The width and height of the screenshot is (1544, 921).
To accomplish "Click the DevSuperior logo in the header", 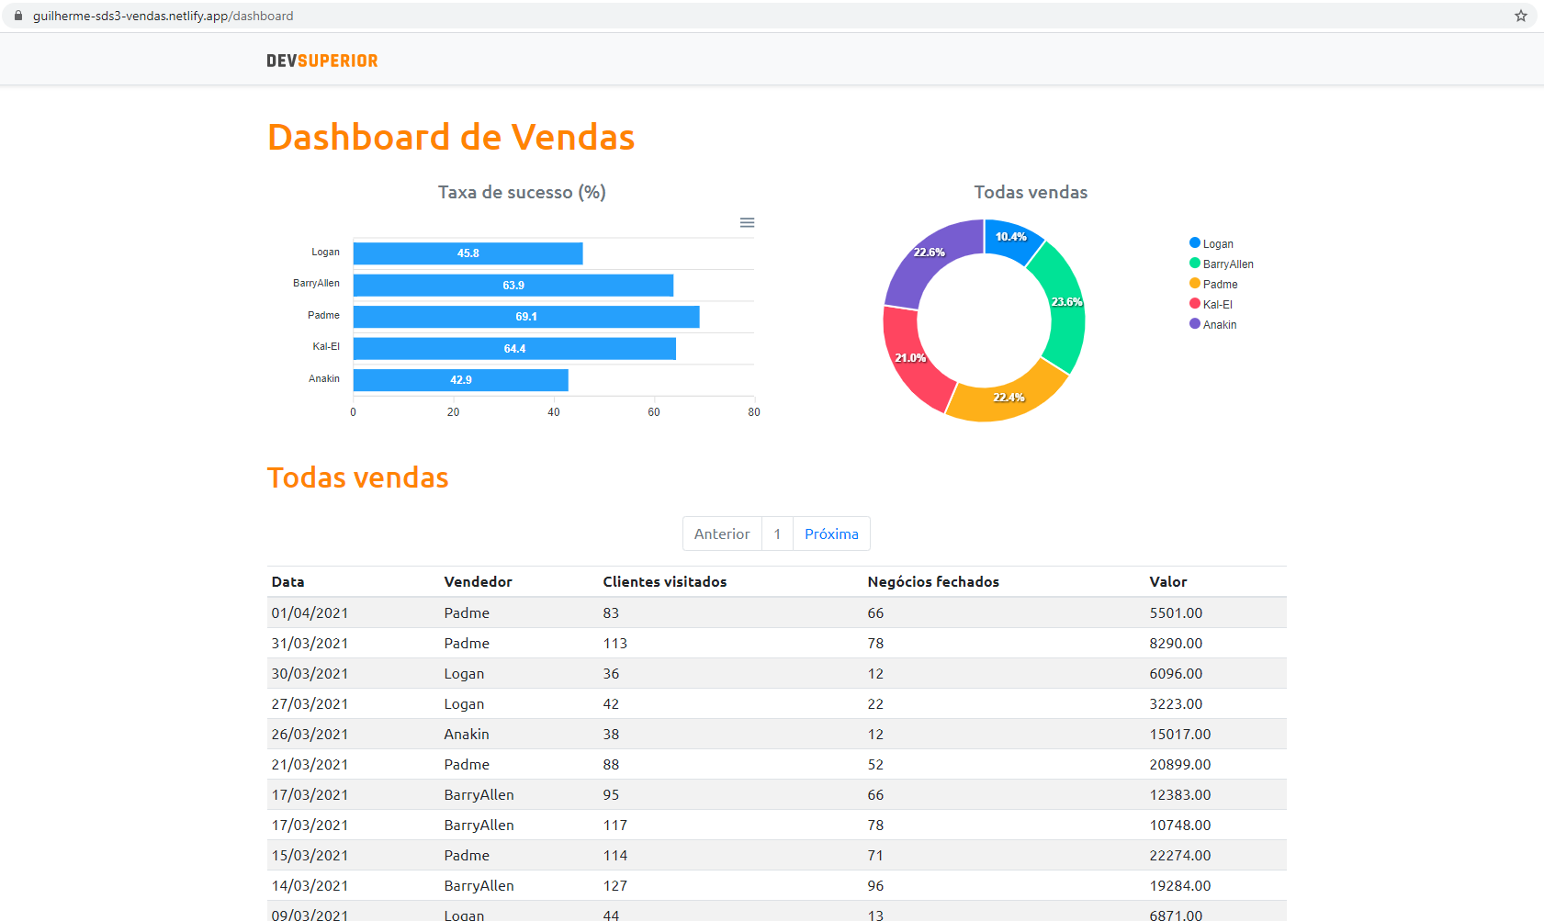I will click(322, 61).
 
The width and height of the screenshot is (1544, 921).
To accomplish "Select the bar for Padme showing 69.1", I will click(525, 317).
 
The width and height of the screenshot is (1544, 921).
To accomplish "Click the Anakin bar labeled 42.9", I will click(460, 380).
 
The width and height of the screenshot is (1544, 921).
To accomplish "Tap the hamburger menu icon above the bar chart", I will click(747, 223).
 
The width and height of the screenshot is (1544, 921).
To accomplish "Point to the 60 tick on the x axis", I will click(653, 412).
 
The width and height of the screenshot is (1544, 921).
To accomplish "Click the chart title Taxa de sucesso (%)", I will click(521, 192).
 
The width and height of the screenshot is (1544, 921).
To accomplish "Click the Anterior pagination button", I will click(722, 534).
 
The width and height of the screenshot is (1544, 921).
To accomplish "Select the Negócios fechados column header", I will click(932, 582).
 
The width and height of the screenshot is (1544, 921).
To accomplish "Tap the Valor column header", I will click(1167, 582).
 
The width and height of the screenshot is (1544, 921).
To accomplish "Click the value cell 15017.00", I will click(1179, 735).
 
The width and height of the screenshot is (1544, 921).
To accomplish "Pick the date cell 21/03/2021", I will click(310, 765).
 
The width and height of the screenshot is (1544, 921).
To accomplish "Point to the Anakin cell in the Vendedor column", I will click(467, 735).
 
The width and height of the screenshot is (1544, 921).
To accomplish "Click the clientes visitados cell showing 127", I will click(614, 886).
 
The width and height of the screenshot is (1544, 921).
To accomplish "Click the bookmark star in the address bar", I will click(1520, 16).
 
